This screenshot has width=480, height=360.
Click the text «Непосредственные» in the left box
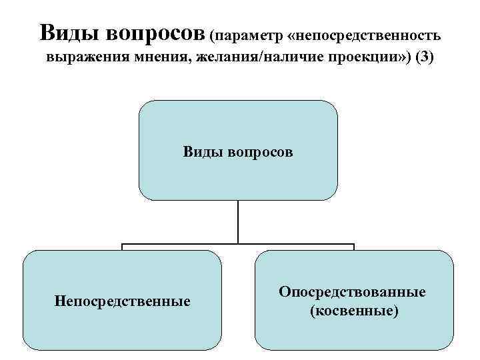pyautogui.click(x=122, y=301)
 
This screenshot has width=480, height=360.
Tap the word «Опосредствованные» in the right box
pyautogui.click(x=353, y=293)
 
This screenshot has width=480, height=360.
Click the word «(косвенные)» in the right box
pyautogui.click(x=353, y=310)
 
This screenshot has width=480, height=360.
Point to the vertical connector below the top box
pyautogui.click(x=238, y=221)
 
